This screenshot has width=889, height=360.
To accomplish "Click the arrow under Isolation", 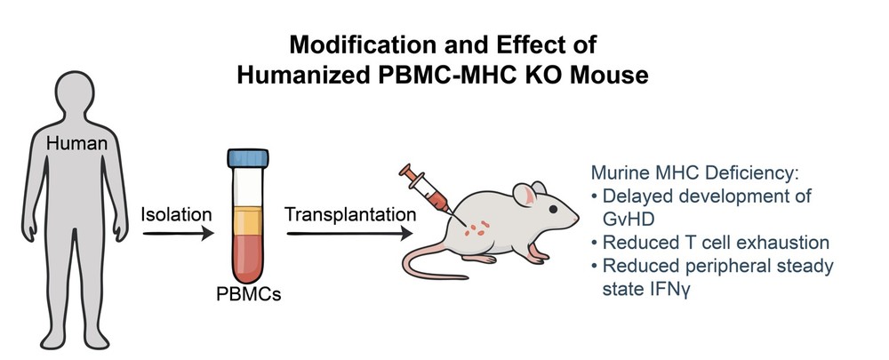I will (178, 234).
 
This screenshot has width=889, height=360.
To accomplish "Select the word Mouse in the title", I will (606, 75).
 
